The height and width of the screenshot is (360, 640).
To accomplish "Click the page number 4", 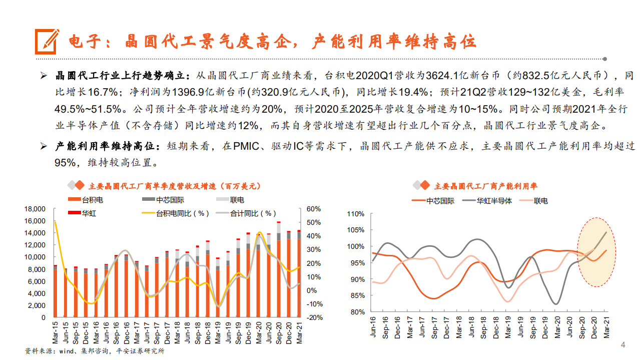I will coord(623,345).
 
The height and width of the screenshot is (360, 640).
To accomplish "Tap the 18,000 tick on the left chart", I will coord(35,209).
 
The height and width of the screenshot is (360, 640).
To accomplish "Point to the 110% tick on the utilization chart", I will coord(355,214).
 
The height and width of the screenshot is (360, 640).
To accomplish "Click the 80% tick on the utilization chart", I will coord(357,312).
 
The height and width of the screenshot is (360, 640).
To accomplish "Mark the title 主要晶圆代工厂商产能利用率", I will coord(485,186).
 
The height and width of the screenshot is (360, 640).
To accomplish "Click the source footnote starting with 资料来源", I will coord(95,351).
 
